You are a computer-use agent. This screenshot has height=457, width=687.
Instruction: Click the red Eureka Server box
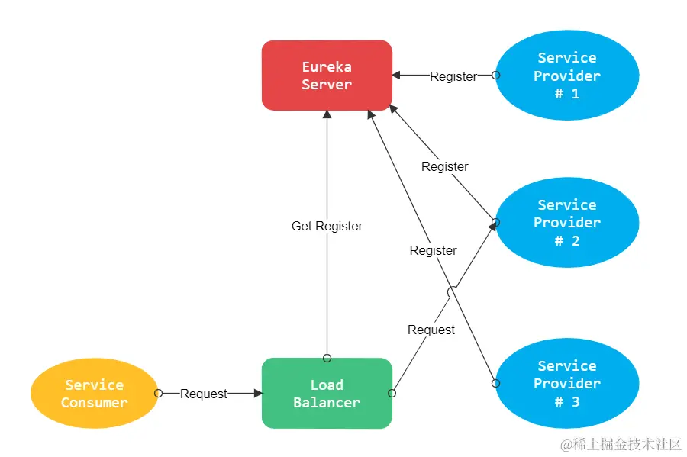coord(327,76)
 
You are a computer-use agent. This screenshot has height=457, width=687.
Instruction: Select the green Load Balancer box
coord(327,394)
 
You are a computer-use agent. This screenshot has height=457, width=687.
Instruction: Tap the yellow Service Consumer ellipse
coord(94,394)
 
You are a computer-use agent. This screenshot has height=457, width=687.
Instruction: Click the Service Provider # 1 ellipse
coord(566,76)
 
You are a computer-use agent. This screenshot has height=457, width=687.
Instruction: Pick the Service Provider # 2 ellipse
coord(566,223)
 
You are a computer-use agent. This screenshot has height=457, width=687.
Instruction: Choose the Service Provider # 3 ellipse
coord(566,383)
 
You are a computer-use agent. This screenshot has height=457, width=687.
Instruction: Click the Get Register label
coord(327,226)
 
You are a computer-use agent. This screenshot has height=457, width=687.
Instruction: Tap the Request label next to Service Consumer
coord(203,394)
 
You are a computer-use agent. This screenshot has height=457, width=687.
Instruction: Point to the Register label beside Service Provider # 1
coord(453,76)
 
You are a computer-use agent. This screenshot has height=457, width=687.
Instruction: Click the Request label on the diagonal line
coord(431,330)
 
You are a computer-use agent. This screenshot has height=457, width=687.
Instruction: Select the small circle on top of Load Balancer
coord(327,358)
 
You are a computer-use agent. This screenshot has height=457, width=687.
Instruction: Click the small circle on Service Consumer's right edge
coord(158,394)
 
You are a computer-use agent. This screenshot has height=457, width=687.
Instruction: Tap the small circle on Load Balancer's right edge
coord(392,394)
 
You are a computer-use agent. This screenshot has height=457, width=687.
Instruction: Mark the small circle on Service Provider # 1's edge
coord(495,76)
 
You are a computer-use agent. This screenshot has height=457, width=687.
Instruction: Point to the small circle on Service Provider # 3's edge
coord(495,383)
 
